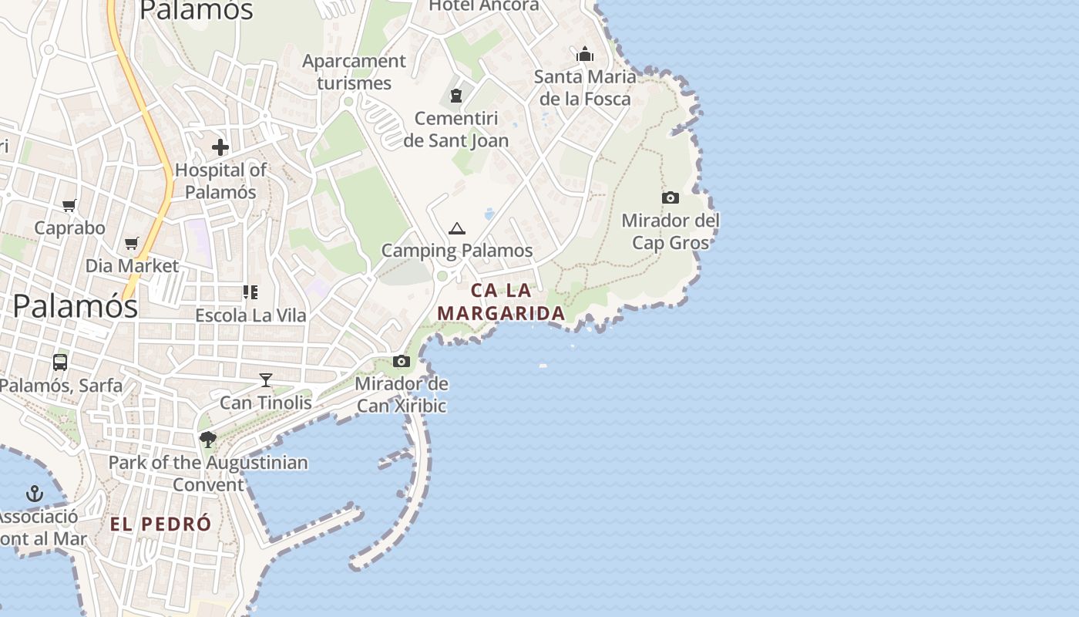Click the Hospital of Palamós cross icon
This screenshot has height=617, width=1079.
(x=220, y=147)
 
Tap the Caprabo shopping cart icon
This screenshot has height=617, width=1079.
(x=69, y=205)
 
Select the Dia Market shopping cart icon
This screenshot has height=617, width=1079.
(x=132, y=244)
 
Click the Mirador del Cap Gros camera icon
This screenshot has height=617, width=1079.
(x=671, y=197)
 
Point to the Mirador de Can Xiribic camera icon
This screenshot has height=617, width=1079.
(x=402, y=361)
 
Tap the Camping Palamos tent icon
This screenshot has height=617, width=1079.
(x=457, y=228)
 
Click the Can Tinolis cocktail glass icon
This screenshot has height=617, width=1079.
(x=266, y=379)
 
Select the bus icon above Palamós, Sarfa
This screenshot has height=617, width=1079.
(x=60, y=362)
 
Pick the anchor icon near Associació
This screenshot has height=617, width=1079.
(x=34, y=493)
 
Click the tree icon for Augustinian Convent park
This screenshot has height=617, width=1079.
(x=207, y=440)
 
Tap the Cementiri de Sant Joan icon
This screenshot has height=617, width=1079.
(x=456, y=96)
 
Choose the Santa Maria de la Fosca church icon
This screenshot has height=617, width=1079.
(x=585, y=54)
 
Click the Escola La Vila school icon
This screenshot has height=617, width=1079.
(x=250, y=292)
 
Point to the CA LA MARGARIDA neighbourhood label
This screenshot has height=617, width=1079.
(x=501, y=302)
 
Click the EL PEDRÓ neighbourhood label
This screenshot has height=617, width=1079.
(x=160, y=524)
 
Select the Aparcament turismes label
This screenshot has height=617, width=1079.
(x=354, y=72)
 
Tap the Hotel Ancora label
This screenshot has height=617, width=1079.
(x=484, y=6)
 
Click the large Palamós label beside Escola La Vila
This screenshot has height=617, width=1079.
(x=76, y=306)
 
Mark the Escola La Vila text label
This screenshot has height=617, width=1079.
(x=250, y=315)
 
